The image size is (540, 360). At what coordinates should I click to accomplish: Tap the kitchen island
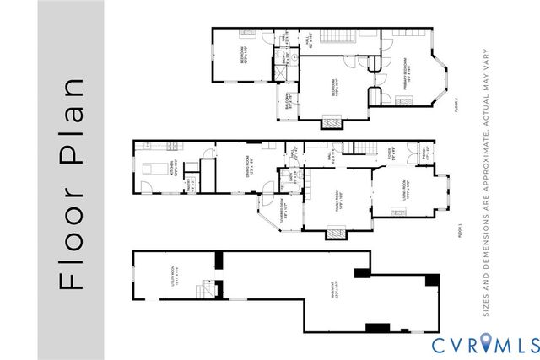(155, 169)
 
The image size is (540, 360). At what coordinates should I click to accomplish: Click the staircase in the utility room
(204, 291)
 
